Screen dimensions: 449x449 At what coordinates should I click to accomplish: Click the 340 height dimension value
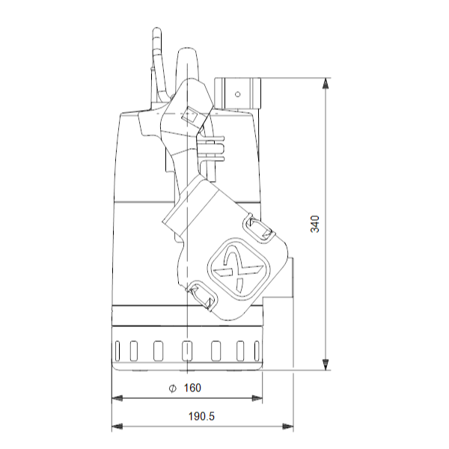[x=315, y=224]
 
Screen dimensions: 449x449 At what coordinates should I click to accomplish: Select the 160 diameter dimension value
[x=192, y=388]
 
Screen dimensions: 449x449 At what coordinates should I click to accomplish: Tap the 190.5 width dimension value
[x=201, y=416]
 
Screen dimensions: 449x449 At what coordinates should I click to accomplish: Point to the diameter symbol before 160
[x=172, y=388]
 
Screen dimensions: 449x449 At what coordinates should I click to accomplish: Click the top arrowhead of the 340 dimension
[x=325, y=83]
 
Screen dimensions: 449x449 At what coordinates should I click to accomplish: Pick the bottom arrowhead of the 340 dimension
[x=325, y=364]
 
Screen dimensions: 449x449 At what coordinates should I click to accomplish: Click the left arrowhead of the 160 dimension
[x=117, y=398]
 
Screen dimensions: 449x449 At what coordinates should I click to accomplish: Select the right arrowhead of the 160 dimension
[x=257, y=398]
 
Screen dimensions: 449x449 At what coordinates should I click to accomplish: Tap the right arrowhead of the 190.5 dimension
[x=288, y=427]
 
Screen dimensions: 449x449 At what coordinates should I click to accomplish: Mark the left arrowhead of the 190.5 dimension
[x=117, y=427]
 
